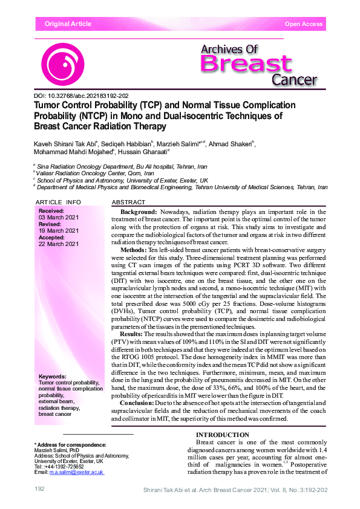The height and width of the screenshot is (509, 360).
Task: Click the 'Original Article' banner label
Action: [68, 24]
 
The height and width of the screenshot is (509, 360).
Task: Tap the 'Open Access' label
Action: [304, 24]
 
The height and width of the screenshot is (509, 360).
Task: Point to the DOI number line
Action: [81, 96]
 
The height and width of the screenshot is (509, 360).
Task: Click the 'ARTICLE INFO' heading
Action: [58, 201]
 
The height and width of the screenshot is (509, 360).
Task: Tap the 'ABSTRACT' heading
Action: [129, 201]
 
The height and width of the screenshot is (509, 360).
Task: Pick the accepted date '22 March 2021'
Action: [59, 244]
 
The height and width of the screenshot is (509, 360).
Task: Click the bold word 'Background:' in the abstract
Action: [139, 212]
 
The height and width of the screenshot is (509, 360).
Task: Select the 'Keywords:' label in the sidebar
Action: [51, 377]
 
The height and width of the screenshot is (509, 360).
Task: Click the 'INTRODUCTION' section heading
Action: [223, 435]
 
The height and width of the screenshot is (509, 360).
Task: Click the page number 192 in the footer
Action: [40, 488]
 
